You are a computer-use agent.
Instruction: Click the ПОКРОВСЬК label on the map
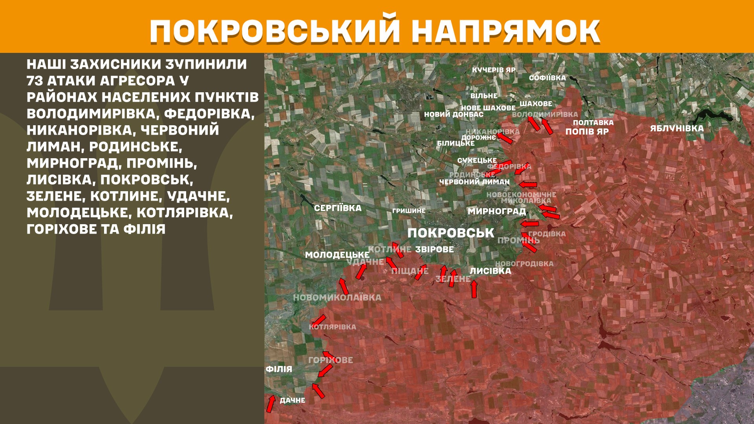[450, 233]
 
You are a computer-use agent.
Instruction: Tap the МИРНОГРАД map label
[496, 211]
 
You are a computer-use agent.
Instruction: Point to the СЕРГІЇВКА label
[338, 208]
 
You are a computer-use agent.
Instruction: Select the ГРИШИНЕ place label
[409, 211]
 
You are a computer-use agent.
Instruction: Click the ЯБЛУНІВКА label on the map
[677, 128]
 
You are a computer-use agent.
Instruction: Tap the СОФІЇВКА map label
[547, 78]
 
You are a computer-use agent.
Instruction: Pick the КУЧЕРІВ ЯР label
[494, 70]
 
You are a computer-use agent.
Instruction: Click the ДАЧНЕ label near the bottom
[292, 400]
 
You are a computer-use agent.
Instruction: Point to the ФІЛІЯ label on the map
[279, 369]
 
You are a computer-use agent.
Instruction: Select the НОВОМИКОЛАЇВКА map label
[337, 298]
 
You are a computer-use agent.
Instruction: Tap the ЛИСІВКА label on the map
[490, 271]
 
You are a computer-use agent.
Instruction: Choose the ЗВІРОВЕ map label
[434, 249]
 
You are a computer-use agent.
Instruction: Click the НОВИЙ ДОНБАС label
[454, 115]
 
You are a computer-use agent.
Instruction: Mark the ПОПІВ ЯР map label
[587, 132]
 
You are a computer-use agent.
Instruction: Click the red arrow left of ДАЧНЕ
[271, 404]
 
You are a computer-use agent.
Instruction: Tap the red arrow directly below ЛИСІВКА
[474, 289]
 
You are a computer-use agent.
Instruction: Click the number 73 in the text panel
[35, 81]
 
